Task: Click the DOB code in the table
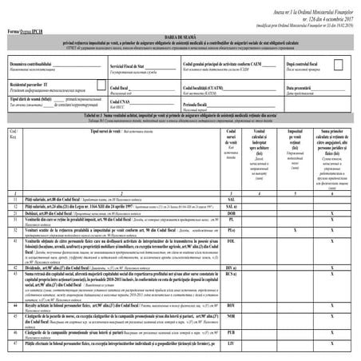tap(230, 213)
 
